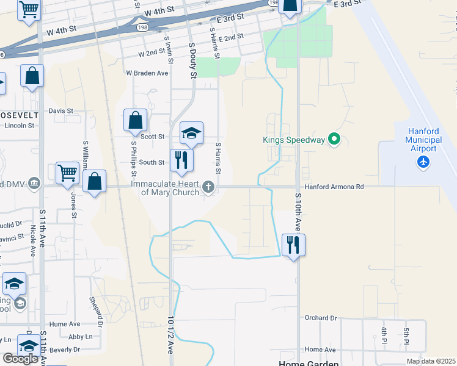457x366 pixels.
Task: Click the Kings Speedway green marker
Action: point(334,140)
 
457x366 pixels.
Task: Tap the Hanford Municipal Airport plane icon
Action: point(423,162)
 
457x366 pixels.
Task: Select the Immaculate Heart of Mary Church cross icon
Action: point(209,187)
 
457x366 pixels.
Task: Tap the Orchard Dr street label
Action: point(321,318)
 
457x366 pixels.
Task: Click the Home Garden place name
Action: point(308,363)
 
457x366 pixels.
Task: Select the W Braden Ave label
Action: point(147,73)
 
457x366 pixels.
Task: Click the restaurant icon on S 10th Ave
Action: point(294,245)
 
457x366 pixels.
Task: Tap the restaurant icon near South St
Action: point(181,160)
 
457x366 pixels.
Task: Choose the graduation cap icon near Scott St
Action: point(191,133)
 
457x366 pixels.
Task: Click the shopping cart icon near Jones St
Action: point(67,173)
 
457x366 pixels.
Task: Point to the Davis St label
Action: point(61,111)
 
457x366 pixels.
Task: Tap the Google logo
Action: point(20,359)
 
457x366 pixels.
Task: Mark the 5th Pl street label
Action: point(406,335)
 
